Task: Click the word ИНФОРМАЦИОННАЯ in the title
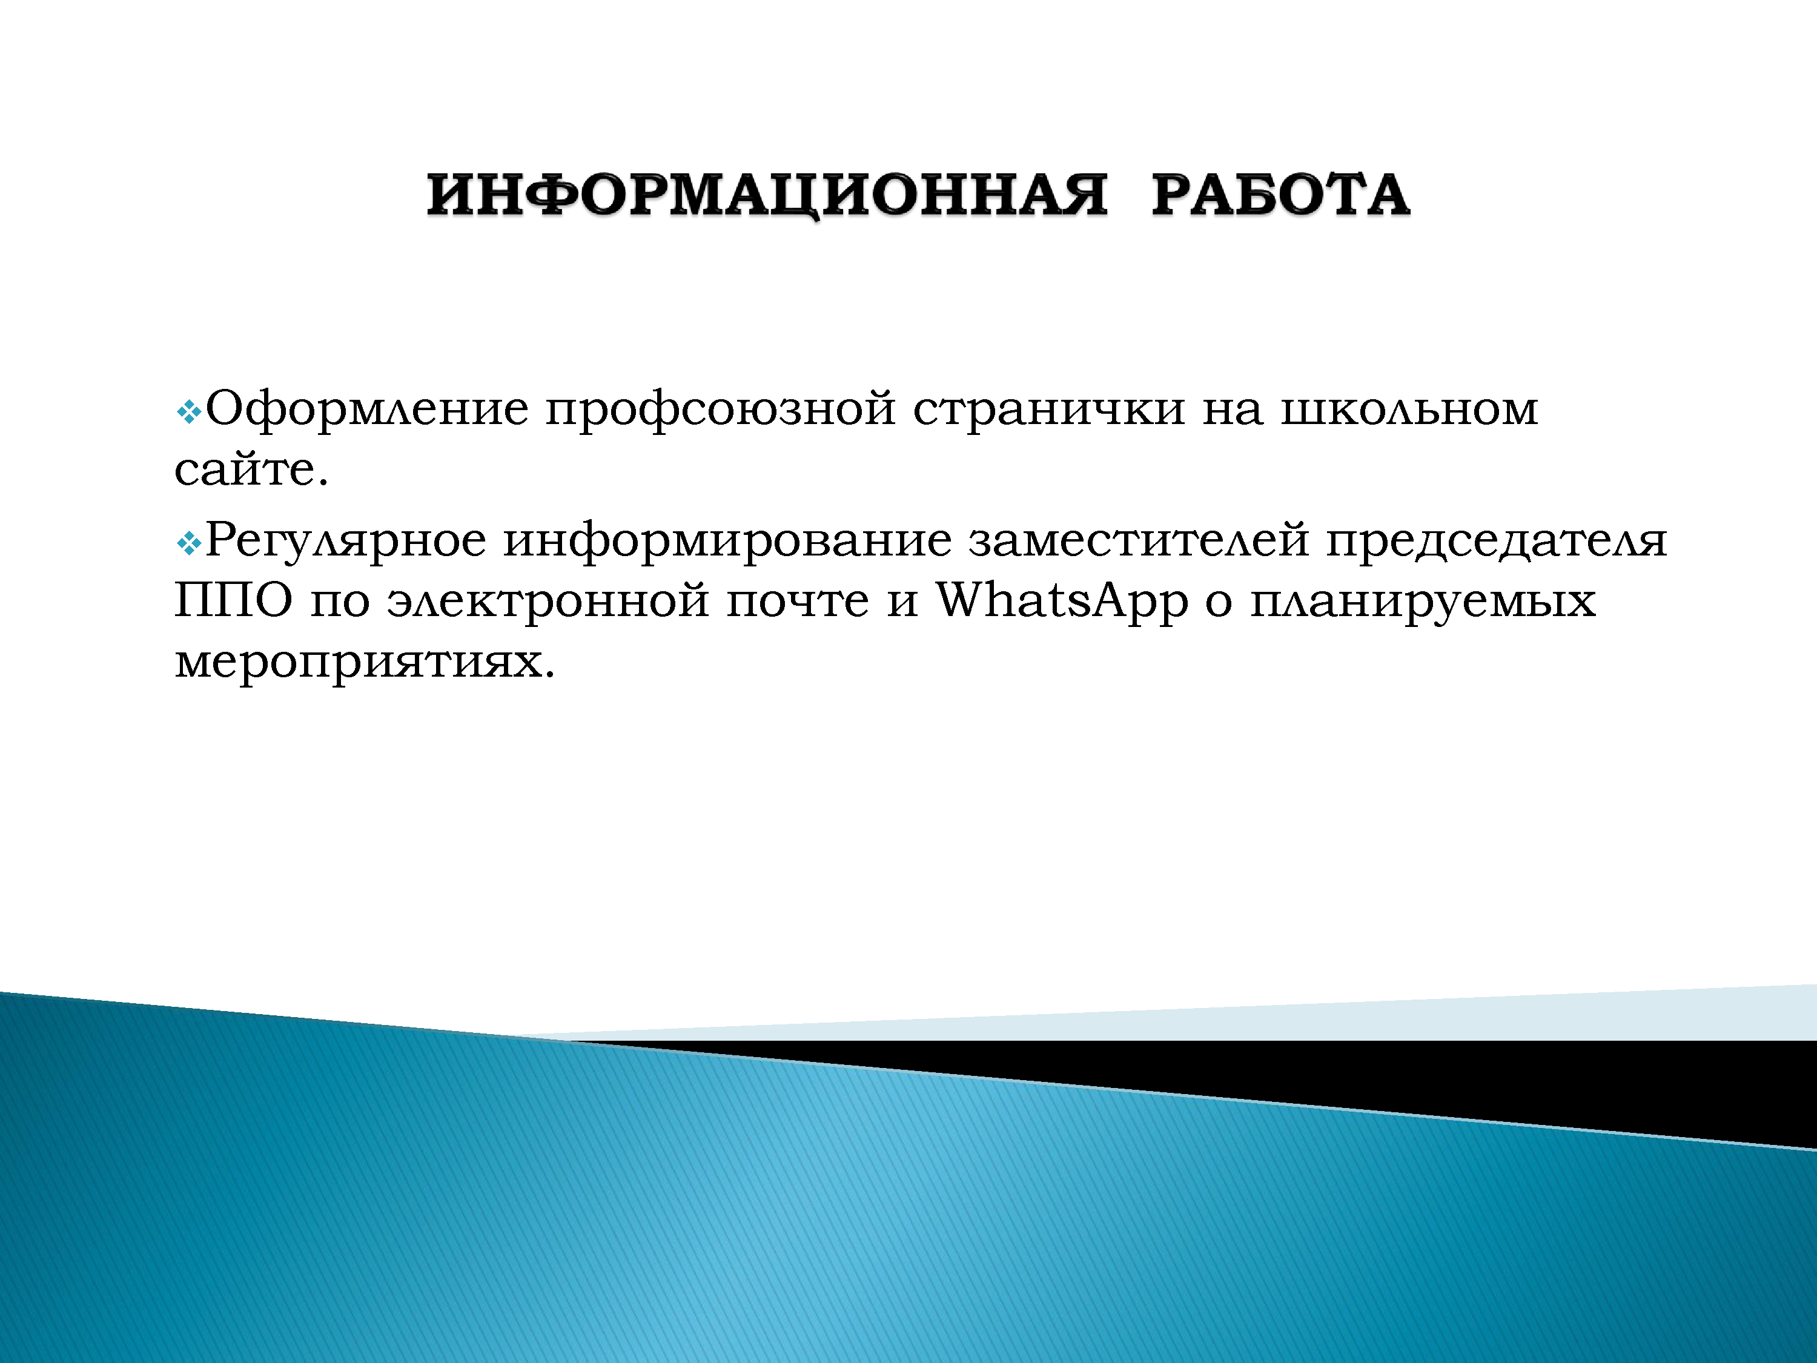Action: [766, 196]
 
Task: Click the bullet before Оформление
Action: [189, 411]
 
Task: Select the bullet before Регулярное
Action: [189, 542]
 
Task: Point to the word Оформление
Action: [367, 409]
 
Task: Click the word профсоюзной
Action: [720, 409]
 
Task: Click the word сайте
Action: [251, 469]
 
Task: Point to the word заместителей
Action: [1139, 540]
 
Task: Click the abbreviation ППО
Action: [233, 600]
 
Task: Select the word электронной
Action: [548, 600]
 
